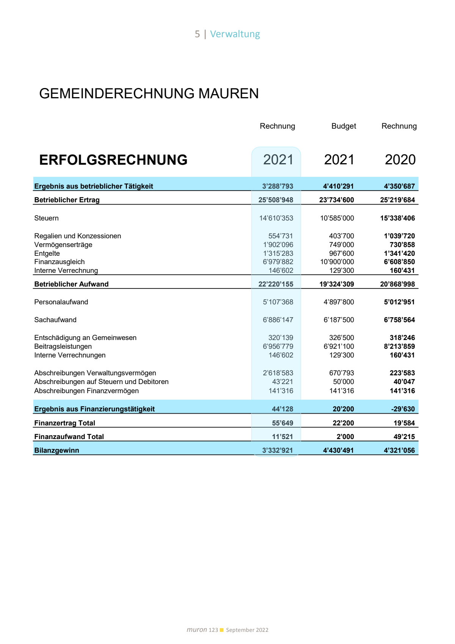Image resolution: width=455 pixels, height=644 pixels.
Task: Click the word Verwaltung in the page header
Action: pos(235,34)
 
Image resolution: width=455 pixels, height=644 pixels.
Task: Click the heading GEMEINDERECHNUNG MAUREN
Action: pos(149,93)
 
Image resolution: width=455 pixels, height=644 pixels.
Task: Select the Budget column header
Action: pos(344,126)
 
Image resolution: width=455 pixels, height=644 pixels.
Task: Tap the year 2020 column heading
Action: pos(400,160)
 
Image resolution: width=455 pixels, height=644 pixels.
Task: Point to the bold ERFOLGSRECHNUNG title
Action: pos(113,160)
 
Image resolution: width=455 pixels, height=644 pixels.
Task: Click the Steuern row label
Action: pos(46,218)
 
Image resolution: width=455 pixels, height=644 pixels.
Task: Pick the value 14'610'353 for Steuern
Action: pos(276,218)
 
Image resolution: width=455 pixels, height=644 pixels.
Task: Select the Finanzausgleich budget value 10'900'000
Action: pos(337,262)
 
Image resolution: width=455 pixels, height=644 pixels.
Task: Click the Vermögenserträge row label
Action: pos(63,245)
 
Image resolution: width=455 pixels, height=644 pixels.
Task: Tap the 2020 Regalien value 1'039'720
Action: pos(399,236)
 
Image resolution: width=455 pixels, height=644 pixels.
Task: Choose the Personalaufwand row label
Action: pos(61,302)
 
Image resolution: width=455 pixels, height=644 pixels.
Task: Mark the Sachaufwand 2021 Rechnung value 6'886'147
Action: pos(278,320)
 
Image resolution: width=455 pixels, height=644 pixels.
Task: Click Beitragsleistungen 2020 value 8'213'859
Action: pos(399,346)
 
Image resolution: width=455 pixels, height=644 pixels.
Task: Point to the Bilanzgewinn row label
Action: pos(56,450)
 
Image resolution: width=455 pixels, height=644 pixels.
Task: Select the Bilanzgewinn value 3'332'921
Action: pos(278,450)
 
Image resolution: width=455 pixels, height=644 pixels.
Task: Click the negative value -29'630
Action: pos(403,409)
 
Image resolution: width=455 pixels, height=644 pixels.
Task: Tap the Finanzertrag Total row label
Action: pos(64,423)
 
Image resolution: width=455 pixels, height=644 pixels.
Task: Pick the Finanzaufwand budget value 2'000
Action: pos(345,437)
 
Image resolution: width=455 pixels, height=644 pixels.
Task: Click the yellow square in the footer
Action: pos(222,630)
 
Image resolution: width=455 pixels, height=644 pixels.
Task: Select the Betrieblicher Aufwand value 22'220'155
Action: pos(276,284)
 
